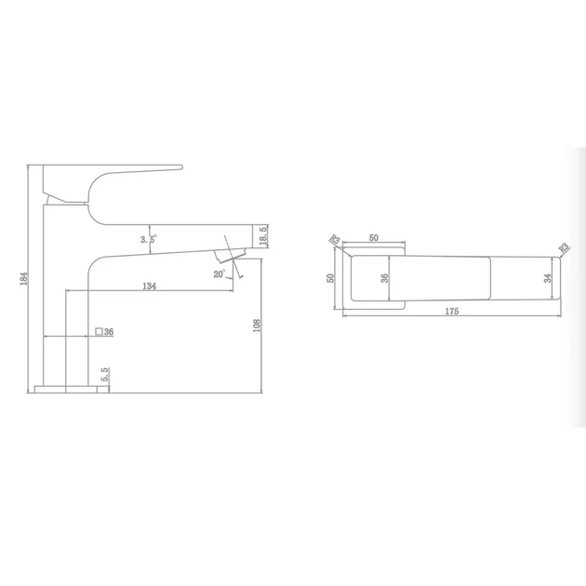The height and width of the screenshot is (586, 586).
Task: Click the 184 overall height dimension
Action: [x=24, y=278]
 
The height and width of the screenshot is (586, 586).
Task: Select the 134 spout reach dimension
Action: [x=149, y=286]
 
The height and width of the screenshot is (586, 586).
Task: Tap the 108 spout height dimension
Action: [x=257, y=326]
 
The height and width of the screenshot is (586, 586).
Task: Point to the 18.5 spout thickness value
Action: [x=263, y=236]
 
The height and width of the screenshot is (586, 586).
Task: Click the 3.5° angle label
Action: [x=149, y=239]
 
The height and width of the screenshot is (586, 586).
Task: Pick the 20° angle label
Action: [x=220, y=274]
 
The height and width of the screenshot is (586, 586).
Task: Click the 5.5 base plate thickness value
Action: [x=105, y=375]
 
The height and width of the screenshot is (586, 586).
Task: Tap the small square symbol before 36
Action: [x=99, y=331]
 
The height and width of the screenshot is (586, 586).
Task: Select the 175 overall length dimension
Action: [x=452, y=311]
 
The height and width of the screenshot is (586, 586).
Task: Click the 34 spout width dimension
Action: [x=548, y=278]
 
